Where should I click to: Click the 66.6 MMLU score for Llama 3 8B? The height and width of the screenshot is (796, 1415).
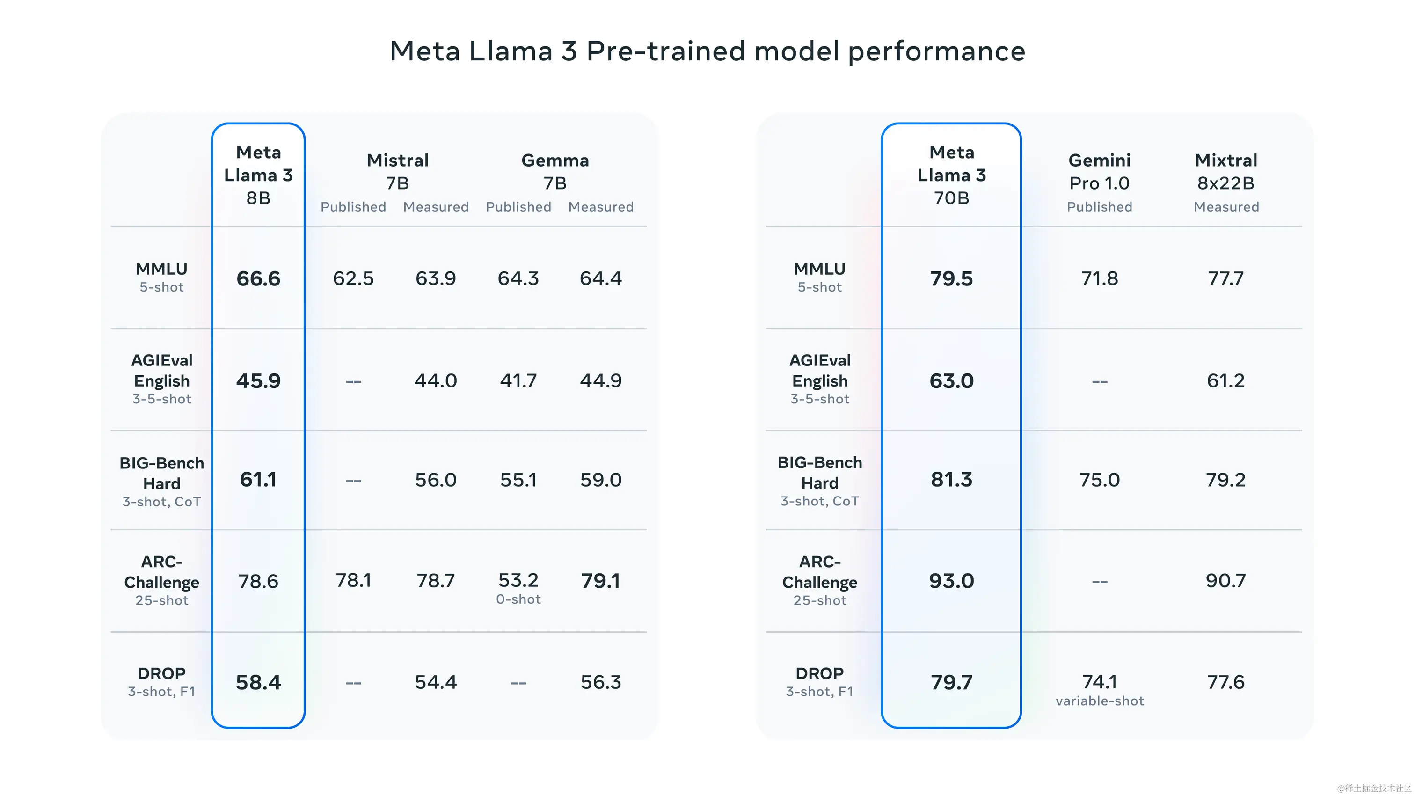point(258,278)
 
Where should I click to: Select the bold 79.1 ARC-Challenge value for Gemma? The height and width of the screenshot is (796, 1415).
point(600,581)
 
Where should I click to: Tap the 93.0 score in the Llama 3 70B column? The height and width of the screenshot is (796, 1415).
point(951,581)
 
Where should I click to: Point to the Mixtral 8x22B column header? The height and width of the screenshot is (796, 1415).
point(1226,171)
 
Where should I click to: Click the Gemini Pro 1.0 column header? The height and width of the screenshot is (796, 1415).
point(1099,171)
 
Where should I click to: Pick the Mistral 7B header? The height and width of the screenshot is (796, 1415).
point(397,171)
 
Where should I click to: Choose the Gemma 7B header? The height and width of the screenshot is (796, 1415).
point(555,171)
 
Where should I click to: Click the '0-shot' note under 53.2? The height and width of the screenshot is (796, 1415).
point(518,599)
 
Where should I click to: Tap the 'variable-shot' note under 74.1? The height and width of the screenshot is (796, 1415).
point(1099,701)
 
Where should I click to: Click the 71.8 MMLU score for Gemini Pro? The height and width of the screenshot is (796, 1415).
point(1099,278)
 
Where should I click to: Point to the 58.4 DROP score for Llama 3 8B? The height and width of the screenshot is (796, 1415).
point(258,682)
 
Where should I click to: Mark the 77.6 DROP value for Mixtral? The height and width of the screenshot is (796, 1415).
point(1225,682)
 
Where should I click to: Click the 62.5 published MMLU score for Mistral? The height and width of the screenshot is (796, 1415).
point(353,278)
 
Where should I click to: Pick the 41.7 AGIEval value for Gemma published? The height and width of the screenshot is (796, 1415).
point(518,381)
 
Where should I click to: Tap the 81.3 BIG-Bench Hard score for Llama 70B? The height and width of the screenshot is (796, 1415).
point(951,480)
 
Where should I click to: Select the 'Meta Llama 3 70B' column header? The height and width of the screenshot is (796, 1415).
point(951,175)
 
